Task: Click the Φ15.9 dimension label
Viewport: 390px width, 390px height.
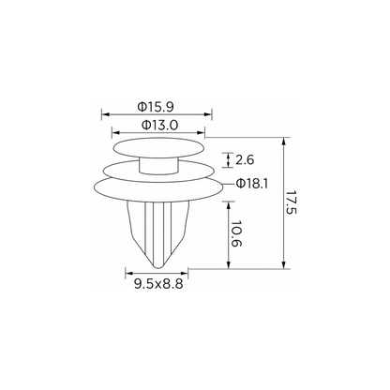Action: click(x=156, y=107)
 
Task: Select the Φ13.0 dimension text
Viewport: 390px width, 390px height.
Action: click(x=159, y=125)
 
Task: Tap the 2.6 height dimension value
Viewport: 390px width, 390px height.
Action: click(x=245, y=160)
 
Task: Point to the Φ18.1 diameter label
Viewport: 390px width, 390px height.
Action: click(x=252, y=184)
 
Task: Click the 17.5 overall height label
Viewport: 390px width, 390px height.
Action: click(x=291, y=202)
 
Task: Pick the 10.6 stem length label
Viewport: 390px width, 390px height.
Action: click(x=236, y=233)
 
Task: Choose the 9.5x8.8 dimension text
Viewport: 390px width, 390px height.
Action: click(x=158, y=284)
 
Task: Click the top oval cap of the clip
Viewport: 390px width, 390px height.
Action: click(x=158, y=147)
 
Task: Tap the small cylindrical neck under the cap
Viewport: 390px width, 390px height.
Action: click(x=158, y=166)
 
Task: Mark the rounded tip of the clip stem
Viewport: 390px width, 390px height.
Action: click(x=159, y=266)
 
